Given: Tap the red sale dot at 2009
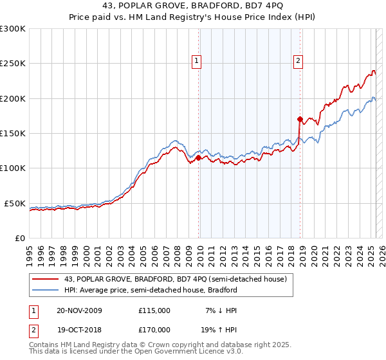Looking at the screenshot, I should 198,157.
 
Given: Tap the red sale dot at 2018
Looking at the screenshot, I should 300,119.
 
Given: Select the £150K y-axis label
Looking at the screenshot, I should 13,134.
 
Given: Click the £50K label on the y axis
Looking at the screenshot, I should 15,203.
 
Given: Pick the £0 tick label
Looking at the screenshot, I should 20,238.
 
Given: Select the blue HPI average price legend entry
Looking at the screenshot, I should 151,290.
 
